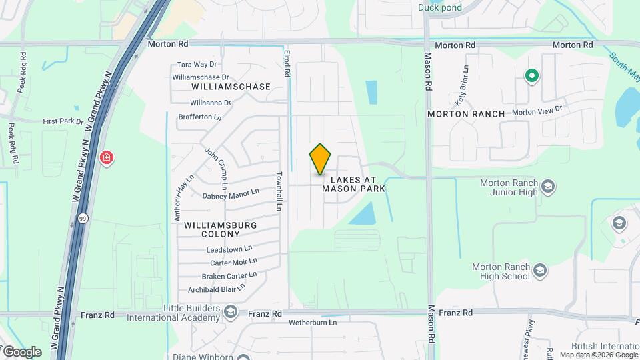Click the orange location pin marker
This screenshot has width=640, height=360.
click(x=321, y=159)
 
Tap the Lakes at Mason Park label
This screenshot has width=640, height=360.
click(x=353, y=185)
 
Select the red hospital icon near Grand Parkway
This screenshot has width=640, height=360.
click(x=106, y=158)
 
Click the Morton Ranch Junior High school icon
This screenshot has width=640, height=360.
click(x=548, y=185)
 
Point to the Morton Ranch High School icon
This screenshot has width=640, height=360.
click(x=540, y=271)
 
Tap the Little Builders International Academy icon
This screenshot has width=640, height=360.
click(x=230, y=312)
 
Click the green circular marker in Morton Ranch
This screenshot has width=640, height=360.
click(x=531, y=76)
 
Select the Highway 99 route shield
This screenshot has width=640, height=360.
click(x=82, y=218)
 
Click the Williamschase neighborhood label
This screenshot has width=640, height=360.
click(x=231, y=87)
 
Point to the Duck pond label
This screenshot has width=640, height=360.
click(x=440, y=8)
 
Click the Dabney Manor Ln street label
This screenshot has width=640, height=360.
click(x=230, y=194)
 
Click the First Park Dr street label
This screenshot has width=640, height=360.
click(x=63, y=121)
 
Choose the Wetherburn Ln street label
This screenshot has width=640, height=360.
click(x=313, y=323)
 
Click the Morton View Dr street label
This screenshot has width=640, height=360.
click(x=537, y=109)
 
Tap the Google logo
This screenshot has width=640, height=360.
click(x=21, y=351)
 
